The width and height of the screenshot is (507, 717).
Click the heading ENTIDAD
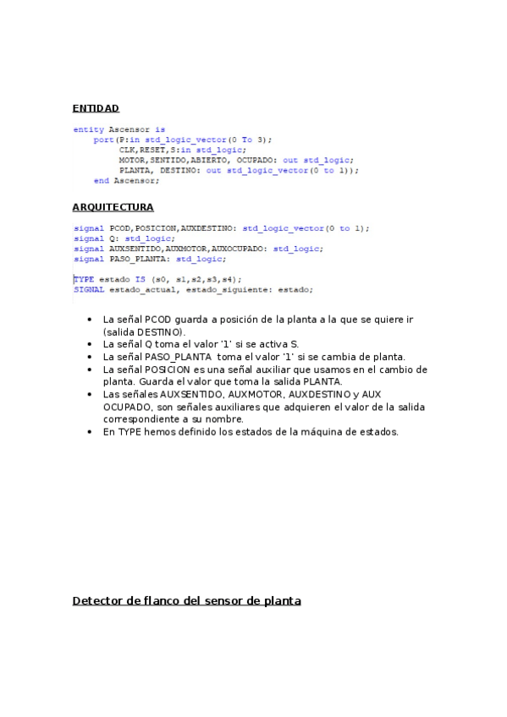coord(96,108)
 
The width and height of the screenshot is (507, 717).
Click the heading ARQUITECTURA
coord(113,207)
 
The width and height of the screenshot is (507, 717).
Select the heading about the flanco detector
coord(186,601)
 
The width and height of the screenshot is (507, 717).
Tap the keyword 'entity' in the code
coord(89,129)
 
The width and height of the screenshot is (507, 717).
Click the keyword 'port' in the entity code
coord(103,140)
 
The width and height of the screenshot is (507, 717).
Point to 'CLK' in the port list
coord(127,150)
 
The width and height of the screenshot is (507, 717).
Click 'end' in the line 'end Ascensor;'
coord(101,180)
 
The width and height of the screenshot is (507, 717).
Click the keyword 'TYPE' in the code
coord(84,279)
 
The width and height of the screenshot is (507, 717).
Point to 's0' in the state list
coord(160,279)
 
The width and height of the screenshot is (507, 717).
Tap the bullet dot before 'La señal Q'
coord(91,345)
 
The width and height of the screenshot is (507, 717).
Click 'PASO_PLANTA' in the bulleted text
coord(173,357)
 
